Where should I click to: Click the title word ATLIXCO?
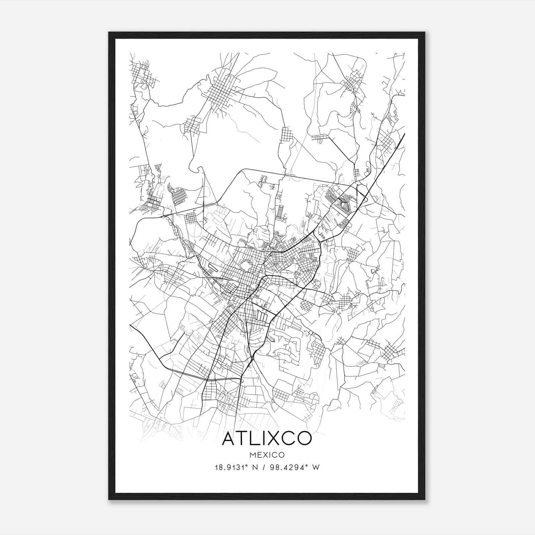tap(267, 438)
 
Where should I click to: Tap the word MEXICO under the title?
tap(267, 455)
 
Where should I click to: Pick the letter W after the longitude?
tap(316, 467)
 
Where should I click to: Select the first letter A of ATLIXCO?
tap(228, 438)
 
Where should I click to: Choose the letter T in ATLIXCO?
tap(241, 438)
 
